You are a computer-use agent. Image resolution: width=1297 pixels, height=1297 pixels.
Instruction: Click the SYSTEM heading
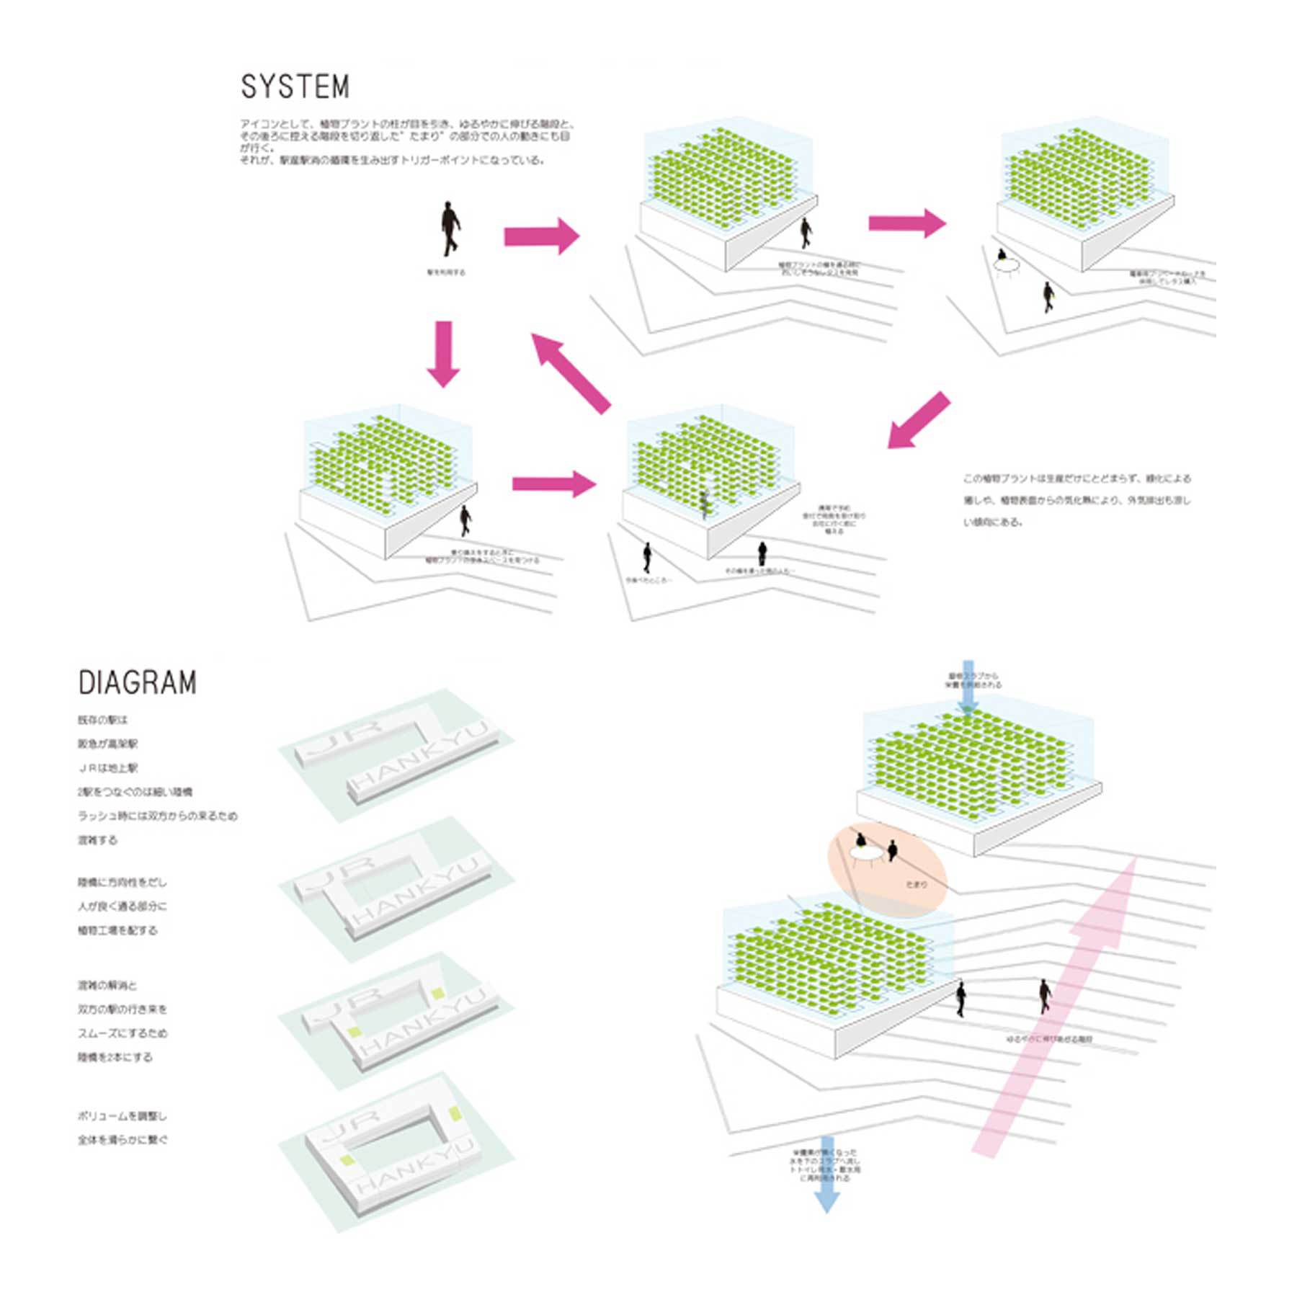click(295, 87)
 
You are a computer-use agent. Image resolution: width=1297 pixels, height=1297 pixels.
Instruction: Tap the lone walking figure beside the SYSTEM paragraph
click(450, 229)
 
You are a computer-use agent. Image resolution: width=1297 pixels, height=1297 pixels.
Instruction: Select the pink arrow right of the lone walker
click(541, 236)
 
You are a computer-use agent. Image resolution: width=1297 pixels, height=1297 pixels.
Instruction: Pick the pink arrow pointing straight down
click(443, 354)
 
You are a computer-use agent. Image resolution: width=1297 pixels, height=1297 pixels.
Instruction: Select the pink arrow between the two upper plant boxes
click(906, 223)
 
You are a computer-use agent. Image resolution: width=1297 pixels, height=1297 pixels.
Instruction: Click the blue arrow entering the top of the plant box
click(968, 685)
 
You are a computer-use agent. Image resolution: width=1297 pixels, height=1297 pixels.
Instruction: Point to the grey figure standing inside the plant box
click(705, 504)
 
